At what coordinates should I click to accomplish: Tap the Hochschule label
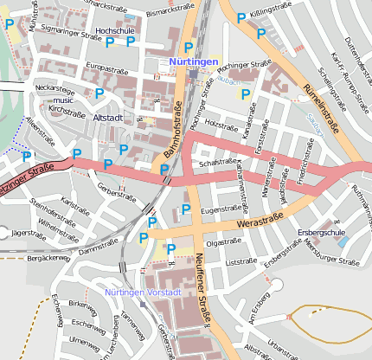point(115,30)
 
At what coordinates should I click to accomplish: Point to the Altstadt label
point(108,117)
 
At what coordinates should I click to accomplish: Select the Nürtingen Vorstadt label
point(142,292)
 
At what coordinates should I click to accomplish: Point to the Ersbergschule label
point(322,233)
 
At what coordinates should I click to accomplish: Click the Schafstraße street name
point(218,162)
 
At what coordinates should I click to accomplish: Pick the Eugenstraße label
point(220,209)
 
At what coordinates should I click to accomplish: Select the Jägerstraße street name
point(29,232)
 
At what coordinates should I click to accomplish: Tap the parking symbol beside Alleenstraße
point(27,156)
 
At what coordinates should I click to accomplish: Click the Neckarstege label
point(55,88)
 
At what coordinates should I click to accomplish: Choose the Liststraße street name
point(241,260)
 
